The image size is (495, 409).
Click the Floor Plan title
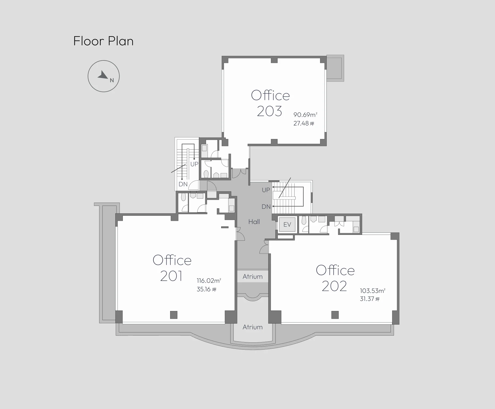click(x=103, y=41)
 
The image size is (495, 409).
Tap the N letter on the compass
click(x=112, y=80)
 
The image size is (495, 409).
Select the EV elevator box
click(x=287, y=224)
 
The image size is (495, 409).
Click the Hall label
click(x=254, y=222)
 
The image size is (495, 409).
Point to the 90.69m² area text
click(x=305, y=115)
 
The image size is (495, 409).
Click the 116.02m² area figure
click(x=209, y=280)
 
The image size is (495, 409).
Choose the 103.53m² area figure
click(x=373, y=291)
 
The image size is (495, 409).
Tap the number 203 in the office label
click(x=269, y=111)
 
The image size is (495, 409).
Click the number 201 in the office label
click(x=171, y=276)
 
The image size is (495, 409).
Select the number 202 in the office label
click(x=334, y=286)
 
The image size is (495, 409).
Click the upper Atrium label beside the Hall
click(x=253, y=277)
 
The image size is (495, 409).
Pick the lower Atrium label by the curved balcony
click(x=253, y=327)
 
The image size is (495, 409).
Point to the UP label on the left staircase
click(x=194, y=164)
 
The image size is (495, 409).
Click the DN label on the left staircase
click(x=183, y=184)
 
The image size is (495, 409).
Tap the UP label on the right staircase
click(x=266, y=190)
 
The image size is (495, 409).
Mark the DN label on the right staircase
click(x=266, y=206)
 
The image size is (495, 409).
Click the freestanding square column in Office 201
click(x=174, y=315)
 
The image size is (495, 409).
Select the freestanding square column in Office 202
click(x=335, y=315)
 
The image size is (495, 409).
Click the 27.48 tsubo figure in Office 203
click(x=304, y=123)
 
